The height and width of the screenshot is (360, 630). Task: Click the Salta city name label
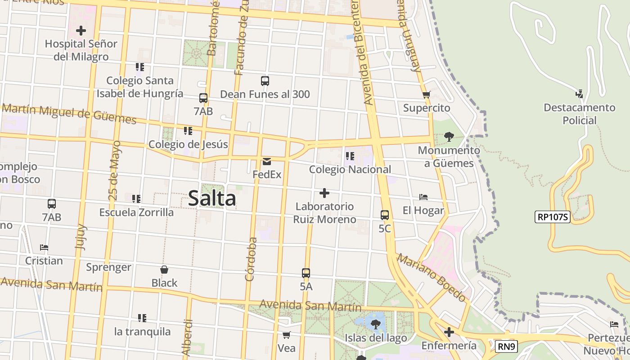(212, 198)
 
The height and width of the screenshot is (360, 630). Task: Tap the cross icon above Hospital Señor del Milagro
(81, 31)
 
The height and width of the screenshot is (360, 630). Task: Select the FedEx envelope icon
(267, 161)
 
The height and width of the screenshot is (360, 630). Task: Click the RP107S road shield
(553, 217)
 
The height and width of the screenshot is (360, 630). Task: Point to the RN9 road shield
(507, 346)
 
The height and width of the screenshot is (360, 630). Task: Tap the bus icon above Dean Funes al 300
(265, 81)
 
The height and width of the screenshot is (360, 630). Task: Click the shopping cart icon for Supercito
(426, 94)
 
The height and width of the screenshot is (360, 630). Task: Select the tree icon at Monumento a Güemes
(449, 136)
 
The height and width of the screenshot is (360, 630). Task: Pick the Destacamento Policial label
(580, 114)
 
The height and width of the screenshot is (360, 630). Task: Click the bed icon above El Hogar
(423, 197)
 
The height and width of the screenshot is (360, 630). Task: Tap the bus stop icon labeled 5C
(385, 215)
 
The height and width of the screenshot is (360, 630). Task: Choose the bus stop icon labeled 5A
(306, 273)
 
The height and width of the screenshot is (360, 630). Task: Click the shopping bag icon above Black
(164, 270)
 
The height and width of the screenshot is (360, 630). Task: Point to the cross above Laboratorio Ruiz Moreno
(324, 193)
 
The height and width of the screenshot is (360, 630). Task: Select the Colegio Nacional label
(350, 170)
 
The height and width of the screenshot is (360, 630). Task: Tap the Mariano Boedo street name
(431, 277)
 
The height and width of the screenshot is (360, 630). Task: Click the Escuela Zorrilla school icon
(136, 198)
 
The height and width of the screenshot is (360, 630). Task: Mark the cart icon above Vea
(286, 335)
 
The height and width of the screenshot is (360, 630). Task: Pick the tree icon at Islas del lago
(376, 324)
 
